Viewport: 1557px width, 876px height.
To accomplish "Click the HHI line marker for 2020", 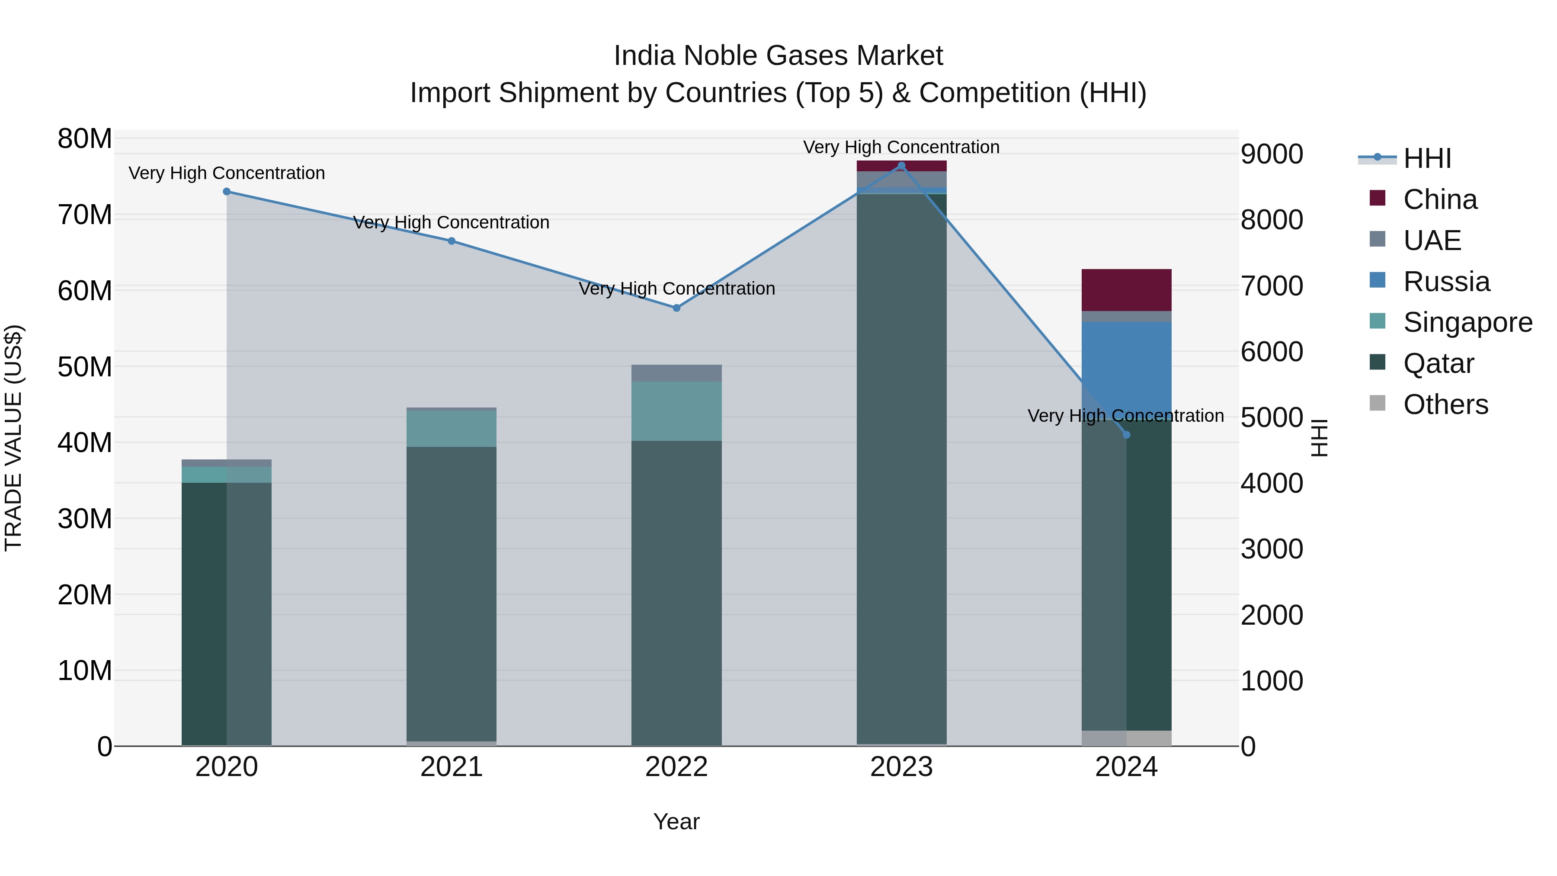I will coord(227,192).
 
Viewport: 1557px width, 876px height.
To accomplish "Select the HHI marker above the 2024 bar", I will coord(1126,435).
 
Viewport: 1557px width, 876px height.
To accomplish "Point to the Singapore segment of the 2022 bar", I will coord(676,411).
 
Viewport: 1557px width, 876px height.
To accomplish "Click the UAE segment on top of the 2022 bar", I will coord(676,373).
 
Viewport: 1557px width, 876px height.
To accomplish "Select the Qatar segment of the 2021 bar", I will coord(452,593).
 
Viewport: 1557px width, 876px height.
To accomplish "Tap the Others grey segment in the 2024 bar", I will coord(1126,738).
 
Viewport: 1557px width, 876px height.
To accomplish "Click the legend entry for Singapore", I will coord(1467,322).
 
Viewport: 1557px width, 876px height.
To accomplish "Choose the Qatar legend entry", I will coord(1438,363).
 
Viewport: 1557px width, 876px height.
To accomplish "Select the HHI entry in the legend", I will coord(1426,158).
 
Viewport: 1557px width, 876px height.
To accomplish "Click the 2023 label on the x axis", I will coord(901,767).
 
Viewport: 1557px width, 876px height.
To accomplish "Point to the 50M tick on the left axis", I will coord(85,367).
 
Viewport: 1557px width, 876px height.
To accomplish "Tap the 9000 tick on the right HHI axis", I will coord(1272,154).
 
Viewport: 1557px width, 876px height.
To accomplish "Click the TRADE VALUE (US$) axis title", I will coord(13,438).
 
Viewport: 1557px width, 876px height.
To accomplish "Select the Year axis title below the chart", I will coord(676,821).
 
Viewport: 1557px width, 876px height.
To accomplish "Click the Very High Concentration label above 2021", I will coord(452,222).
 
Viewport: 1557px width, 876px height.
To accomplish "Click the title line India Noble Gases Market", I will coord(778,56).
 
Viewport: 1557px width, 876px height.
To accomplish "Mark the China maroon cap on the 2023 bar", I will coord(901,166).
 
